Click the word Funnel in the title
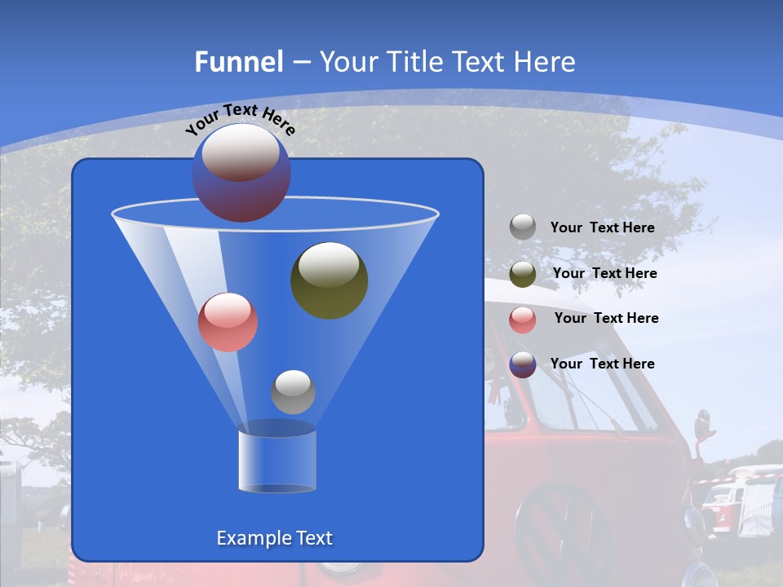238,62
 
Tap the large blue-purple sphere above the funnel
241,172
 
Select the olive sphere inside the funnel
329,280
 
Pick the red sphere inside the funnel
228,322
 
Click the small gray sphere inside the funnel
293,391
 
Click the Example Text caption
274,538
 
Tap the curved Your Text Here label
241,119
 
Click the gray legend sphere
523,227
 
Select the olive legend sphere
523,274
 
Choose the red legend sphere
523,319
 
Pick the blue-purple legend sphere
523,364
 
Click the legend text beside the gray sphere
602,228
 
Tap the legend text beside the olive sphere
604,273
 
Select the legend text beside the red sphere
606,318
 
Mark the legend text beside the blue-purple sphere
602,364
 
